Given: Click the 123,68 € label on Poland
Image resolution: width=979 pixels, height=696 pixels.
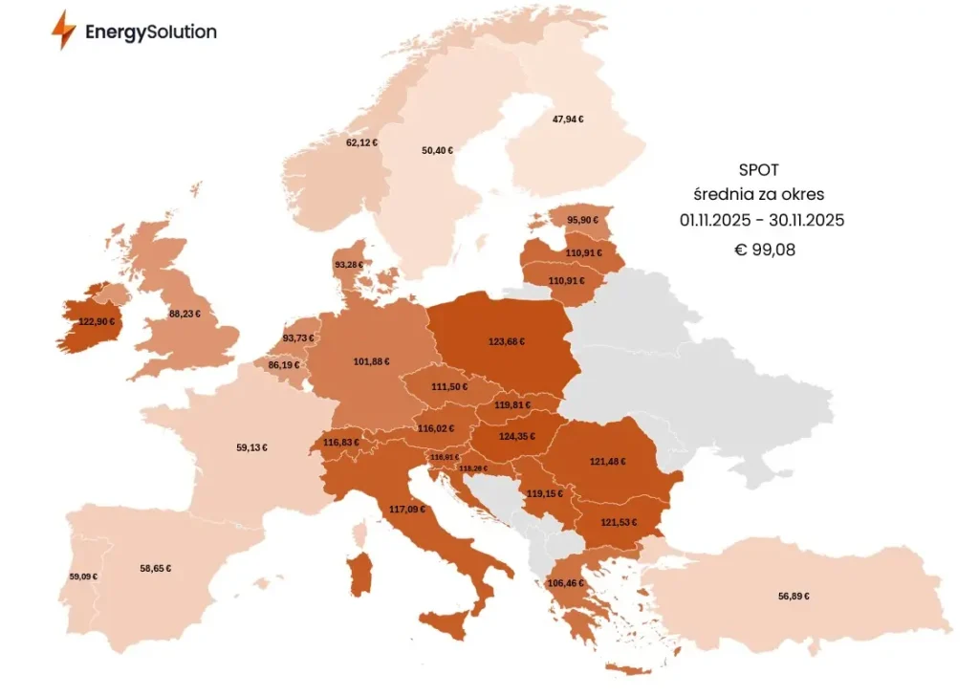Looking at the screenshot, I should point(507,341).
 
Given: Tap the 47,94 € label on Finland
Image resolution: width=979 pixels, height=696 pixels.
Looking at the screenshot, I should point(568,120).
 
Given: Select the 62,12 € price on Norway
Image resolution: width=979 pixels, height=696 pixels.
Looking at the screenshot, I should point(361,142).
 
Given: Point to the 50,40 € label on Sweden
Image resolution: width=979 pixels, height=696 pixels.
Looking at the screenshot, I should point(437,150).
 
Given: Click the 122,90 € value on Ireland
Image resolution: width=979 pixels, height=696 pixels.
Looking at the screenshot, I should point(97,322).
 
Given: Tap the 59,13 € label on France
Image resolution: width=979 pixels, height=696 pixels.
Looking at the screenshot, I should point(251,446).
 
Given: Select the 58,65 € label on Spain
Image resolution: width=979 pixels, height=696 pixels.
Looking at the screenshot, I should point(155,568).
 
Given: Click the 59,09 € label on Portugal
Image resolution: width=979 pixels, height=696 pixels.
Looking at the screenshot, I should point(83,576).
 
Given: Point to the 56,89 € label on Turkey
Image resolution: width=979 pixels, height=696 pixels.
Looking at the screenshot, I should point(794,596).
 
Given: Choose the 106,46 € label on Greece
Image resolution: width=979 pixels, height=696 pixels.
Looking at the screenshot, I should point(565,582).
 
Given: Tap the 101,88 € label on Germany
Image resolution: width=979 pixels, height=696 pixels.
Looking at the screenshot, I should point(371,361).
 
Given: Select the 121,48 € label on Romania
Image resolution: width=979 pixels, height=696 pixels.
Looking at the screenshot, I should point(608,461).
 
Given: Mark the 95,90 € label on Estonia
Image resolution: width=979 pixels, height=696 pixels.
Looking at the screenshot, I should point(582,220).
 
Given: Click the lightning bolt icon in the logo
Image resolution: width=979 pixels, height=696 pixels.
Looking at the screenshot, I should point(64,31).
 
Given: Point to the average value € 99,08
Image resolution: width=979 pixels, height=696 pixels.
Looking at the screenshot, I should point(761,250).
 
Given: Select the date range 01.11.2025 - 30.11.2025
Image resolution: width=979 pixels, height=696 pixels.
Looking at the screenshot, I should point(761,221).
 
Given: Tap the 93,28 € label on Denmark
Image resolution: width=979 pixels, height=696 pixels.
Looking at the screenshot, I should point(350,264).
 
